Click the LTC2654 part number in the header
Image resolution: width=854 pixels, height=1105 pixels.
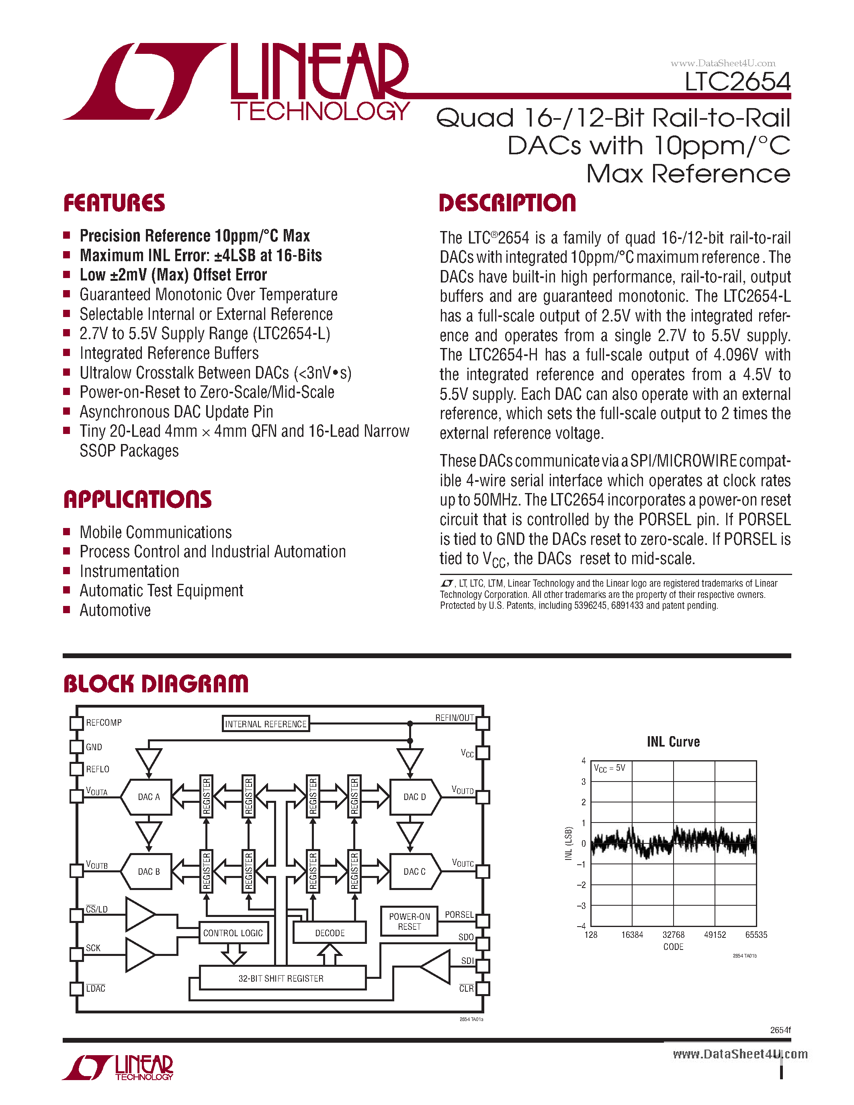click(x=737, y=82)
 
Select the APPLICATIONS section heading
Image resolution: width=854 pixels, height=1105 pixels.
click(x=137, y=499)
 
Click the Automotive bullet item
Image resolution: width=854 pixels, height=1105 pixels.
click(x=115, y=610)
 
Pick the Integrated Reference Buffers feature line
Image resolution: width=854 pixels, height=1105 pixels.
click(x=169, y=353)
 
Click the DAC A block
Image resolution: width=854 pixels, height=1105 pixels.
click(x=149, y=797)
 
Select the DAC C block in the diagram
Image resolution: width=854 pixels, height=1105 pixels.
click(x=414, y=871)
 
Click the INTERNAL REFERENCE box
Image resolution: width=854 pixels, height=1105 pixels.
click(x=266, y=724)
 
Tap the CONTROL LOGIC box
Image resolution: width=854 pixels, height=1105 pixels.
click(x=233, y=933)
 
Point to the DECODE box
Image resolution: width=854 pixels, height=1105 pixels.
click(x=330, y=933)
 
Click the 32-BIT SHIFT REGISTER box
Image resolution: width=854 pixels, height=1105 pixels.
click(x=281, y=978)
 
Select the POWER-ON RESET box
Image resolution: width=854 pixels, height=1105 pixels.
click(x=409, y=921)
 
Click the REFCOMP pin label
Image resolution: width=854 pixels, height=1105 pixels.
click(x=104, y=722)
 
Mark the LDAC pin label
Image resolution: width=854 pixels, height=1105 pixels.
click(x=96, y=988)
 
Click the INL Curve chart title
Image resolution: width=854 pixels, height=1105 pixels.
click(x=673, y=742)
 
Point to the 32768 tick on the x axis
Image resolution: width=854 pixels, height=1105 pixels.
click(x=674, y=935)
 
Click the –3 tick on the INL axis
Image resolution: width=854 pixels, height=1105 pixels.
click(x=582, y=906)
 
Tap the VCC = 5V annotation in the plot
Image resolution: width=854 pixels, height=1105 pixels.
click(x=610, y=768)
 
